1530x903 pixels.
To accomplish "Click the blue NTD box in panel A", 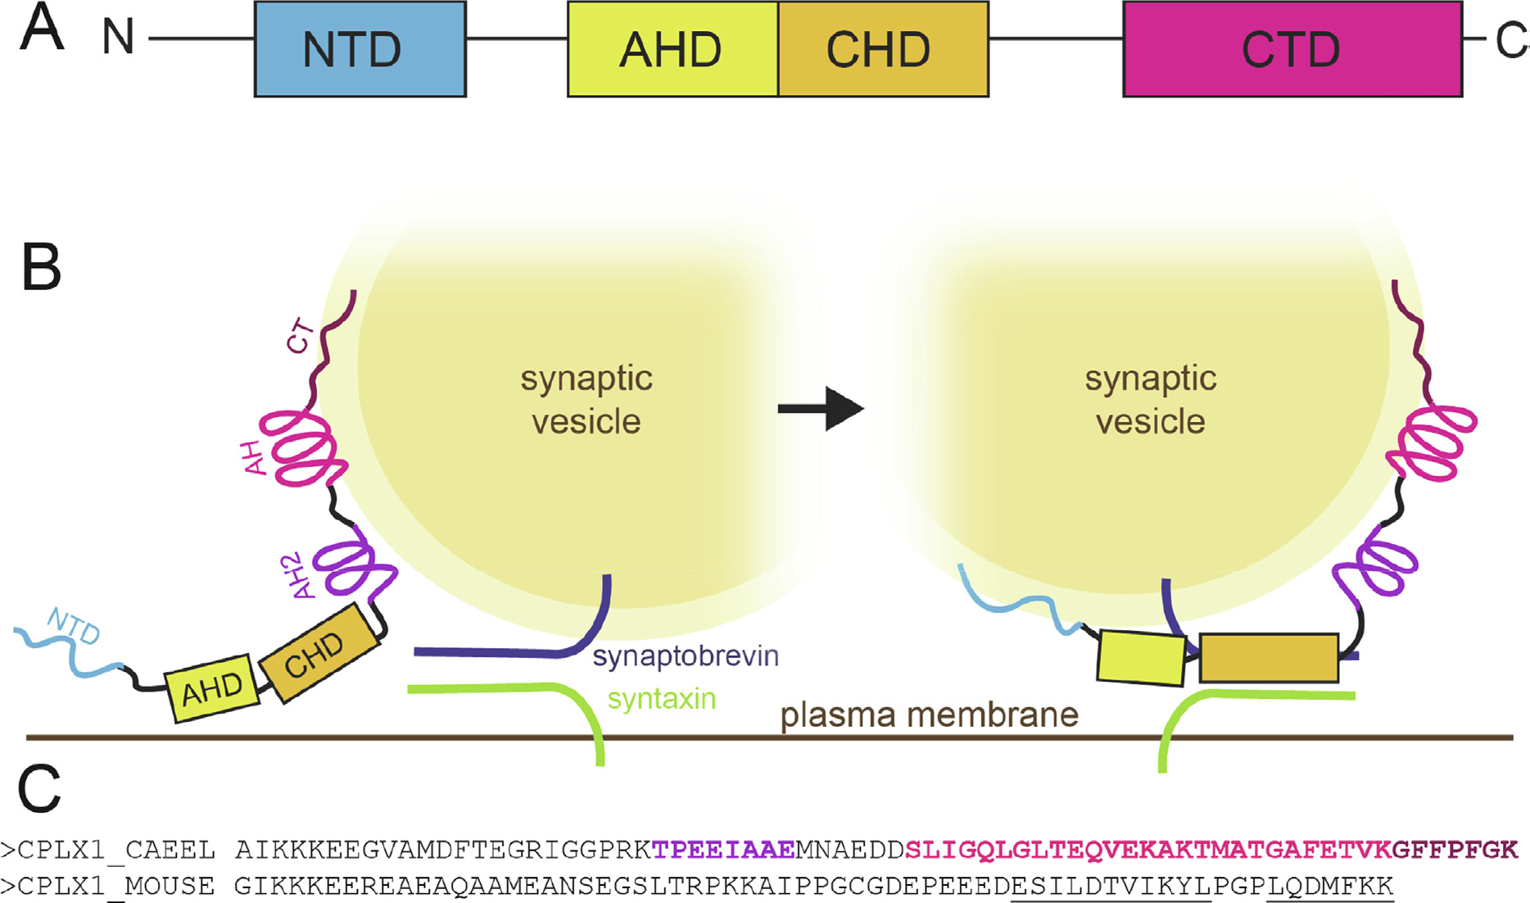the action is point(360,49).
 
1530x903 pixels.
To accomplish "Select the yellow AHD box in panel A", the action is point(672,49).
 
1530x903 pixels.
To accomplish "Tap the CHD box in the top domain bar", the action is point(884,49).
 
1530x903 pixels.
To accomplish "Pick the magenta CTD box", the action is point(1292,49).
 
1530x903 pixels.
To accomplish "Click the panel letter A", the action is point(41,28).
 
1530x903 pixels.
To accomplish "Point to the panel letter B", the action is point(41,267).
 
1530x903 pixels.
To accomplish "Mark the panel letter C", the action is point(39,788).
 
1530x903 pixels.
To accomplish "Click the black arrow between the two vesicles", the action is point(821,408).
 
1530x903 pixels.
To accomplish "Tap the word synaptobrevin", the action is point(686,656).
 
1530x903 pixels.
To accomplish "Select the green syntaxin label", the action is point(662,699).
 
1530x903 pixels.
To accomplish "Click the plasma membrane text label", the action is point(929,715).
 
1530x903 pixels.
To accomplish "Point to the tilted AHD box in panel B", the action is point(212,688).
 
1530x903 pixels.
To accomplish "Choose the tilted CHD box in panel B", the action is point(320,653).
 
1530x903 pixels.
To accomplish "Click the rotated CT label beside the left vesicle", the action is point(300,337).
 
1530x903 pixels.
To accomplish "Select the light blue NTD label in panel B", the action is point(74,626).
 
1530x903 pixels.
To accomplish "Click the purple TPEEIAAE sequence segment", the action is point(723,851).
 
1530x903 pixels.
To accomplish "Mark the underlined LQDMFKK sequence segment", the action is point(1330,887).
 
